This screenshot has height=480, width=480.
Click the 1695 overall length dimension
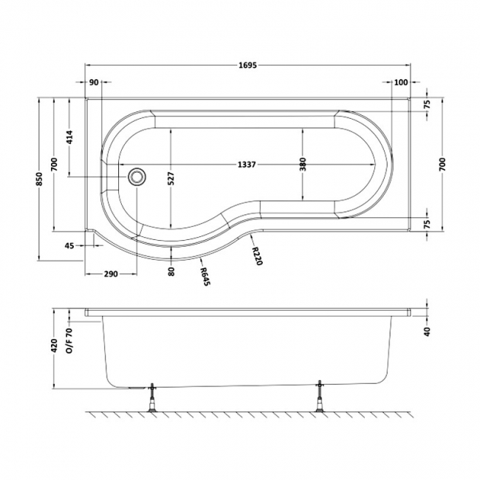(247, 65)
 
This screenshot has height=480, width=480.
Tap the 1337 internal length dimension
(247, 165)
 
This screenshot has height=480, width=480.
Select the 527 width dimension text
(171, 179)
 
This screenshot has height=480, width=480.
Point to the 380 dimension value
(303, 165)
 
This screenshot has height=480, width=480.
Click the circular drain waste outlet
(137, 177)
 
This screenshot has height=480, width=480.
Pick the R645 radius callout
(205, 277)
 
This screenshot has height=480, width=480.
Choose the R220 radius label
(256, 256)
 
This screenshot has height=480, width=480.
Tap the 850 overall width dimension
(39, 179)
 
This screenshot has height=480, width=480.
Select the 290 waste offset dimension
(111, 274)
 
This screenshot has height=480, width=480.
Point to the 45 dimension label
(70, 245)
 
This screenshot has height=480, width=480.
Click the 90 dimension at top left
(95, 82)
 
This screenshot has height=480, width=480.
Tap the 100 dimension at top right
(401, 82)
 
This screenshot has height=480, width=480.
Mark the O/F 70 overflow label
(70, 340)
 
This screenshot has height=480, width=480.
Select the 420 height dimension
(55, 346)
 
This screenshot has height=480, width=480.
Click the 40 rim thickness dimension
(428, 332)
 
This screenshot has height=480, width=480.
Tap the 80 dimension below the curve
(171, 272)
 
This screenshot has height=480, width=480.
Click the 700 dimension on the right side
(442, 165)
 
